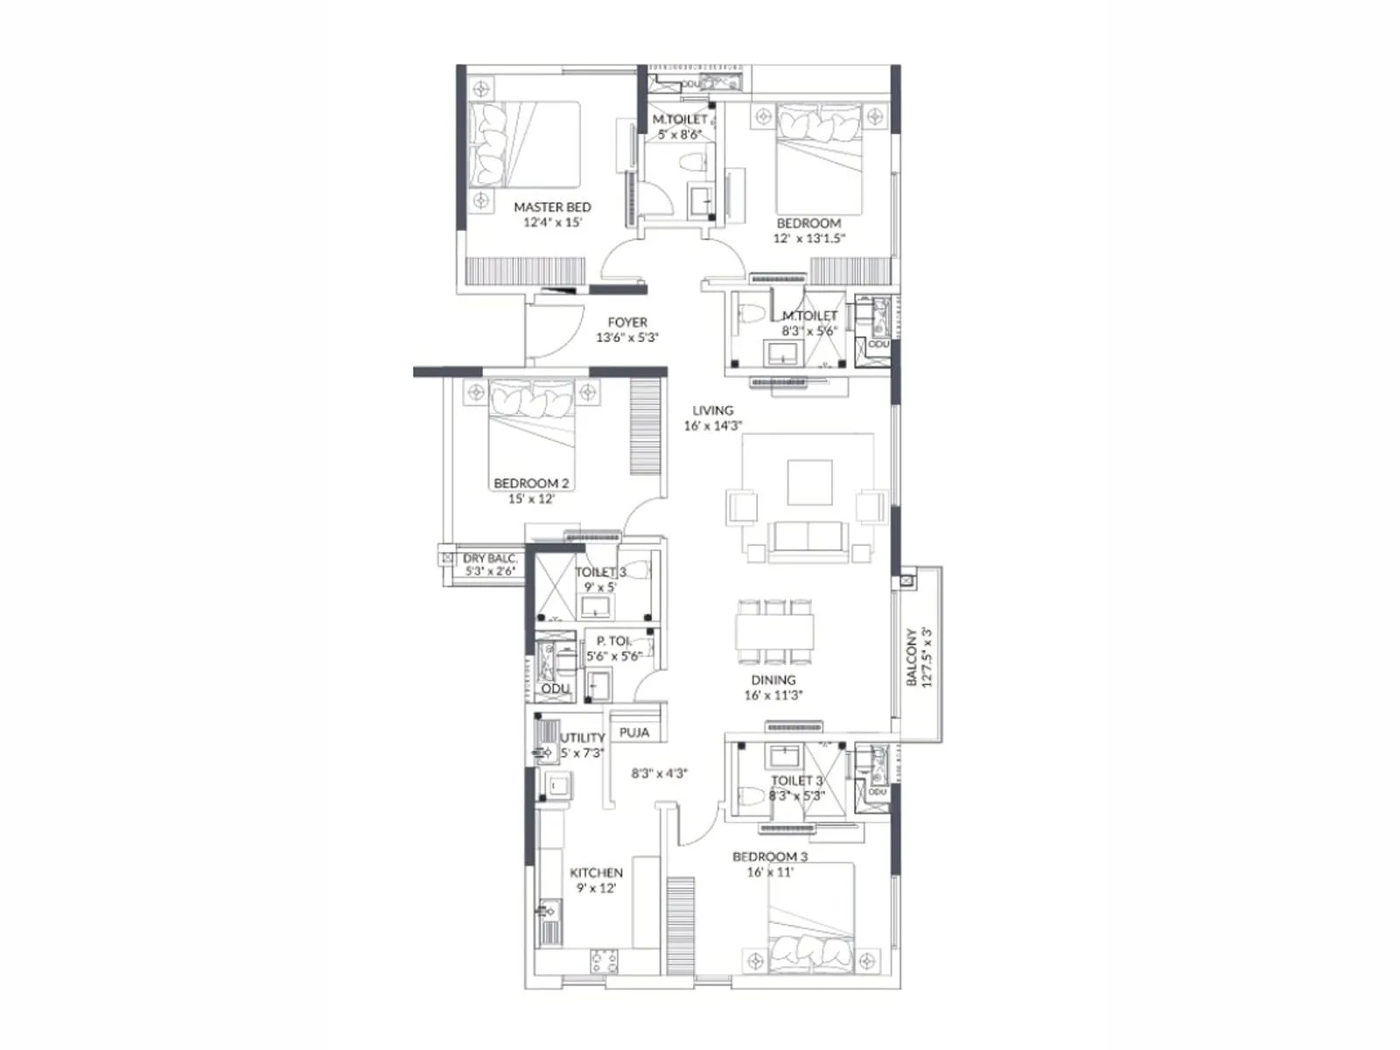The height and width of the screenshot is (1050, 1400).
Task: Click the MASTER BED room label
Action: point(552,207)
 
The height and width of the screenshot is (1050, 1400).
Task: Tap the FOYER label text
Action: point(627,323)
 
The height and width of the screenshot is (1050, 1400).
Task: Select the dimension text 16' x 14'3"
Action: point(713,426)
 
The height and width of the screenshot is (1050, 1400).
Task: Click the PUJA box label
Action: point(634,732)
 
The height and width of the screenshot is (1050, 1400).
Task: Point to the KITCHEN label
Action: point(596,872)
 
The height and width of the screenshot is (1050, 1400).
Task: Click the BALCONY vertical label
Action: point(912,656)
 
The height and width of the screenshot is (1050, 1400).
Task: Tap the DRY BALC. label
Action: point(490,558)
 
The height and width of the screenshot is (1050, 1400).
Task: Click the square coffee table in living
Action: point(809,482)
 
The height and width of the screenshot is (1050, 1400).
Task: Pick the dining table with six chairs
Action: point(775,632)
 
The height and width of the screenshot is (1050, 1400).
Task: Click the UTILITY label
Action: point(583,738)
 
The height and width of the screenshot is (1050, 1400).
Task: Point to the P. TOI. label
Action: point(613,641)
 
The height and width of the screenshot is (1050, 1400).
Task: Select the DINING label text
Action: point(773,680)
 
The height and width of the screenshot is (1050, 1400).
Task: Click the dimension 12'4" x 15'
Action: point(552,222)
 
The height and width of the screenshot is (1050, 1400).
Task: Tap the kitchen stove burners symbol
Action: point(604,961)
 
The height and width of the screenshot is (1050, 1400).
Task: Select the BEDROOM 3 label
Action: point(770,857)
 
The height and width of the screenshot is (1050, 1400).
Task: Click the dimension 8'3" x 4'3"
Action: point(660,773)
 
